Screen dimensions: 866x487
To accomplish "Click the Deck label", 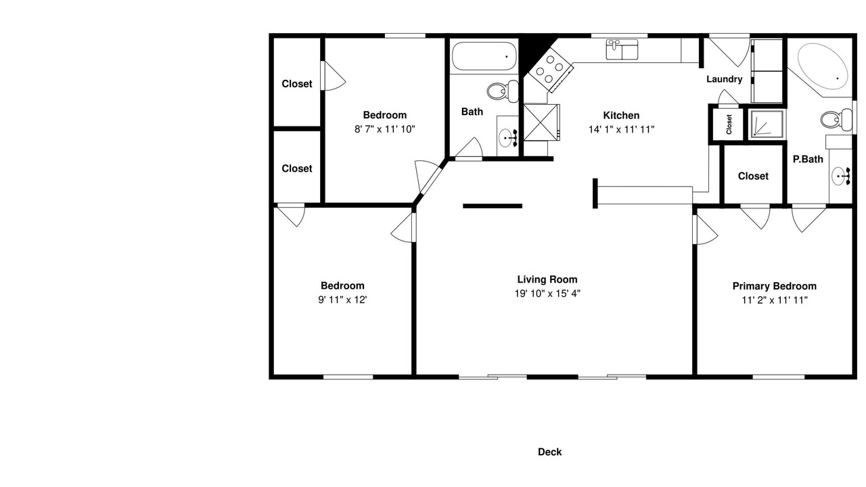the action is point(549,452).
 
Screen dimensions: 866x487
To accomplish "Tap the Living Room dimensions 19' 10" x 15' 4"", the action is point(547,294).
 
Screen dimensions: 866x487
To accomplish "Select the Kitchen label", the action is point(621,116).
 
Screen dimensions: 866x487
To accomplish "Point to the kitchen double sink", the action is point(622,50).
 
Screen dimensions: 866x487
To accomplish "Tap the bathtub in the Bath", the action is point(484,56).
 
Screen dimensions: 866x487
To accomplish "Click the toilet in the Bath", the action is point(502,91).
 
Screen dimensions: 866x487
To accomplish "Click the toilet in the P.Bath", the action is point(836,120).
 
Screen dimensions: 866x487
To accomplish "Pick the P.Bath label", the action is point(808,159).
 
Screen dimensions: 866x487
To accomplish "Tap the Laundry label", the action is point(724,79).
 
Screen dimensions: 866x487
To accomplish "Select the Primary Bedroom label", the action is point(775,286).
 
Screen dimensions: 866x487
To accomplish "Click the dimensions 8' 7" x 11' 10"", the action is point(385,129).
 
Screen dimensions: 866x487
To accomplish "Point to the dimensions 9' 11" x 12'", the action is point(342,300).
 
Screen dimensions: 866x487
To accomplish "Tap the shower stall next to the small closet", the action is point(767,124).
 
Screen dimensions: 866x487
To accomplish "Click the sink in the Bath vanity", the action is point(507,137).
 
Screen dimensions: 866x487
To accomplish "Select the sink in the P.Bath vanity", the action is point(840,177).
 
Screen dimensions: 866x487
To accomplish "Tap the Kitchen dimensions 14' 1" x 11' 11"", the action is point(621,129).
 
